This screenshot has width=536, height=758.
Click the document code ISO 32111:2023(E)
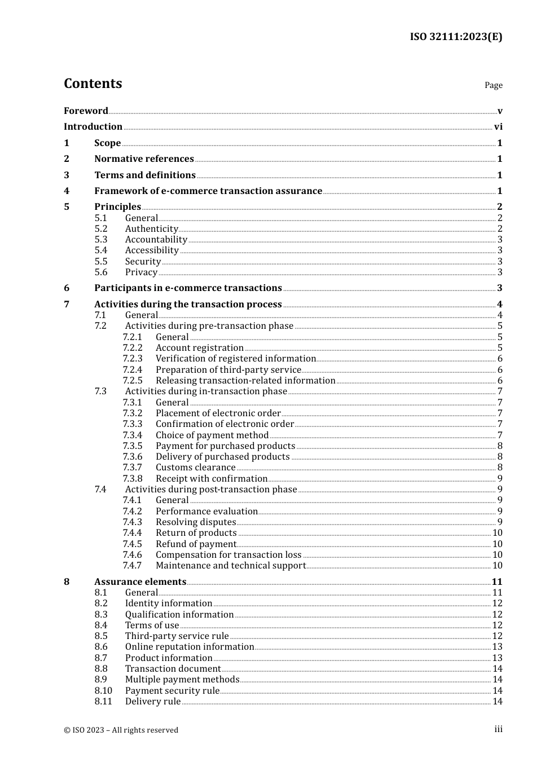coord(456,37)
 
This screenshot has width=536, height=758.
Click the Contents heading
coord(93,83)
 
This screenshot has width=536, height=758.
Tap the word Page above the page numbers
coord(493,85)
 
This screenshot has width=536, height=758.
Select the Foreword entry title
coord(86,111)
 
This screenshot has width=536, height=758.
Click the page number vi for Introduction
coord(498,127)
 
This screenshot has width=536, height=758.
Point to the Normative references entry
coord(144,159)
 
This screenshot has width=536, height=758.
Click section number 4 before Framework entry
coord(67,191)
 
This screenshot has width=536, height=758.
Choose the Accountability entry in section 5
coord(156,240)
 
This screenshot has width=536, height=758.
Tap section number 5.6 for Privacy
coord(101,272)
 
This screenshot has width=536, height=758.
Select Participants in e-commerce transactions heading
coord(188,288)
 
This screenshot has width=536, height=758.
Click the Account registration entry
coord(200,348)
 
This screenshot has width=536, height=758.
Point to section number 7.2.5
coord(133,381)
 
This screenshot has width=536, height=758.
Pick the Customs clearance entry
coord(195,468)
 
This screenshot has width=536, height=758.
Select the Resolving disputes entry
coord(196,522)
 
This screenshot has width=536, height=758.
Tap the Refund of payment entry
coord(196,544)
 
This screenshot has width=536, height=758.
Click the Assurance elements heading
coord(140,582)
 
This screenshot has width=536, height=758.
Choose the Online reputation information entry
coord(190,647)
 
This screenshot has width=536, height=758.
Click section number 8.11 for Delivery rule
coord(103,702)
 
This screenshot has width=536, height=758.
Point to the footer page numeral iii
coord(498,729)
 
